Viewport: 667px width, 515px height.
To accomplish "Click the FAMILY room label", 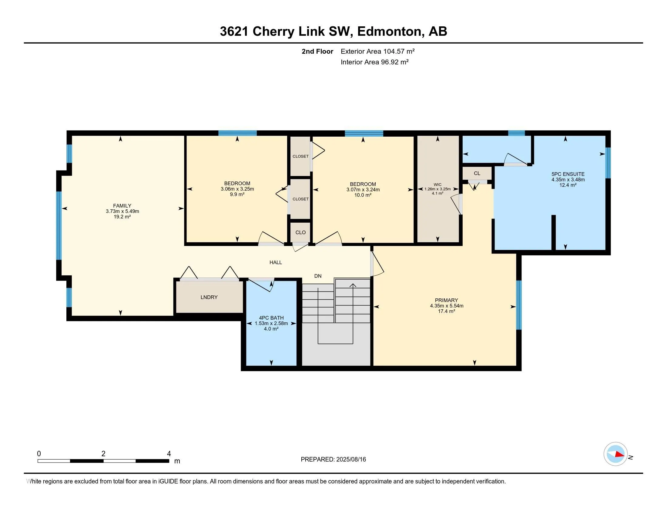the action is [x=122, y=206].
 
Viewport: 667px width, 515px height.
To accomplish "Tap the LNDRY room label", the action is [x=209, y=297].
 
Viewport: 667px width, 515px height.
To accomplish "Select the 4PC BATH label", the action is [x=271, y=318].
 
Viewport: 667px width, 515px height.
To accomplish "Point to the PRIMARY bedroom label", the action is [x=447, y=300].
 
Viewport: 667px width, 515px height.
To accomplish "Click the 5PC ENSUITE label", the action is [x=568, y=174].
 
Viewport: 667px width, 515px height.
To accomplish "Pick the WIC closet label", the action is [x=437, y=184].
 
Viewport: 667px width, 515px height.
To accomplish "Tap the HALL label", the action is [x=276, y=262].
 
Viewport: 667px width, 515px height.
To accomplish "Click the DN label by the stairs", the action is [x=318, y=276].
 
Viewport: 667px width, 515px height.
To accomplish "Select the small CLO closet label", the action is [x=300, y=232].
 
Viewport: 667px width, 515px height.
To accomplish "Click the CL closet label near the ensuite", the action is [x=477, y=173].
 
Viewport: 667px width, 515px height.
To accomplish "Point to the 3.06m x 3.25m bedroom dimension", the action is [x=237, y=189].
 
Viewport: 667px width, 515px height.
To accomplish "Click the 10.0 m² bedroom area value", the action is [x=363, y=195].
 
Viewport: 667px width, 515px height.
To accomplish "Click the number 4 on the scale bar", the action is [x=169, y=454].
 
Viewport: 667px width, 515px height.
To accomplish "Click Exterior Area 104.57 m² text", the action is [x=377, y=51].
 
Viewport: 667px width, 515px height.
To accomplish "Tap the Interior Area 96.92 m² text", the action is [x=374, y=62].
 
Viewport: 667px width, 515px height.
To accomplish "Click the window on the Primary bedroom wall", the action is [x=519, y=305].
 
